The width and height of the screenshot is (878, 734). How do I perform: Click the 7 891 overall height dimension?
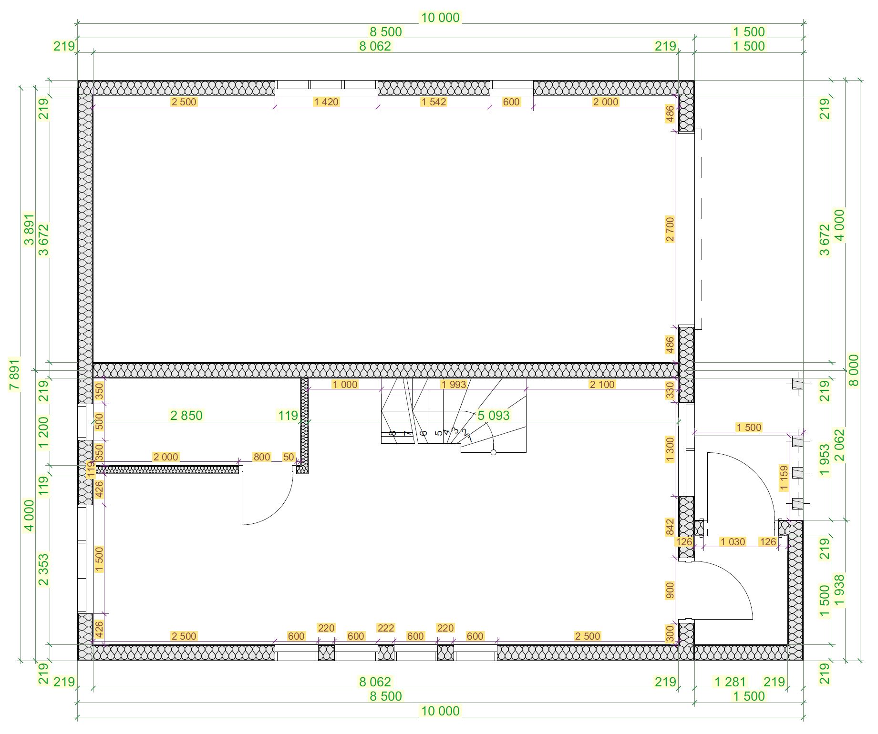[x=15, y=374]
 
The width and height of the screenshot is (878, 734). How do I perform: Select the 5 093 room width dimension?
[x=494, y=416]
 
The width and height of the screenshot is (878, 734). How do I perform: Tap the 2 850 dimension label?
[x=186, y=416]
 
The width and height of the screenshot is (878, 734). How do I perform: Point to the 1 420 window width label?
[x=326, y=102]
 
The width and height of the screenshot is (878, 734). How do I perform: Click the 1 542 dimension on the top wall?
[x=434, y=102]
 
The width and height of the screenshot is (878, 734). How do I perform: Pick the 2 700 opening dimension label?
[x=670, y=230]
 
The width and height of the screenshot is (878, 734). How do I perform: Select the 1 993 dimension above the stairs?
[x=454, y=385]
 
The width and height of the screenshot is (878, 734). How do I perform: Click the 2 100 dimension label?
[x=602, y=385]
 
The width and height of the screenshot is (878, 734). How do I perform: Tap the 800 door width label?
[x=262, y=457]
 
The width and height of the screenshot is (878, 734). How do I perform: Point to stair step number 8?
[x=392, y=433]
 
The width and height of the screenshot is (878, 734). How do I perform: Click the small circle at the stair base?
[x=494, y=452]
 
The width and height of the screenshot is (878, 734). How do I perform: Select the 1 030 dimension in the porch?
[x=733, y=542]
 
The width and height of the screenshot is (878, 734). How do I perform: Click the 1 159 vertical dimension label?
[x=784, y=478]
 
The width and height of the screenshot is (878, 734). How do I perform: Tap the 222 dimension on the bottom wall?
[x=386, y=628]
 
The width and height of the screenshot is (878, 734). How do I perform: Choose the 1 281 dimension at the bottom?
[x=730, y=682]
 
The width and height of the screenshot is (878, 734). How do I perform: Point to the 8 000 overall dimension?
[x=854, y=370]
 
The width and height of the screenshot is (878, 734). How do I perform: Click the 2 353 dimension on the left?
[x=43, y=570]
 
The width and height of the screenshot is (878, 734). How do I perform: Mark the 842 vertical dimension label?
[x=670, y=527]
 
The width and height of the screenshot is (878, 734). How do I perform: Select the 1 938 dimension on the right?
[x=839, y=591]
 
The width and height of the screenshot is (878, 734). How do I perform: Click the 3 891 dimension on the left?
[x=29, y=230]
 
